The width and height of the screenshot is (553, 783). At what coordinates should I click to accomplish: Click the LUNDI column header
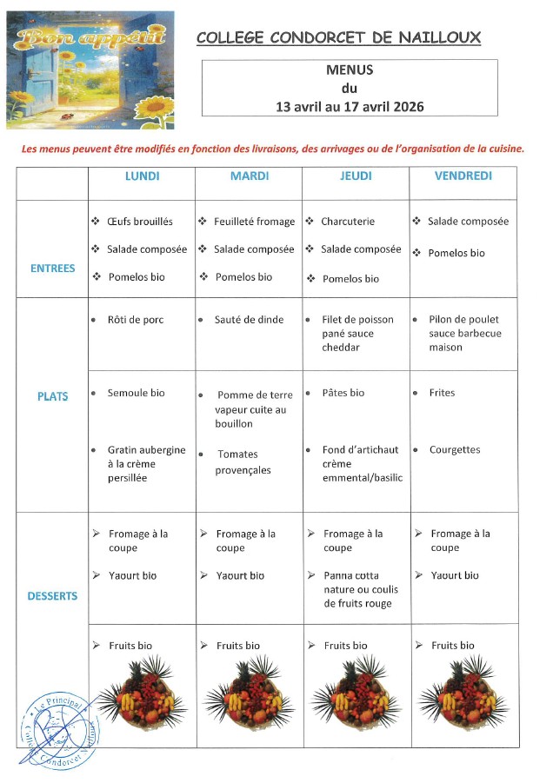click(142, 176)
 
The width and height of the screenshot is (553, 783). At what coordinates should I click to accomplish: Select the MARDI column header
click(249, 176)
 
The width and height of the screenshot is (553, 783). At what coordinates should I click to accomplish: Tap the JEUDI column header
click(356, 176)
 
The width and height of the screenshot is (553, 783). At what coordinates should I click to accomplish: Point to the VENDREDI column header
click(463, 176)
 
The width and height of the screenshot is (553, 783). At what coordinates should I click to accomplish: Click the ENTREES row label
click(53, 269)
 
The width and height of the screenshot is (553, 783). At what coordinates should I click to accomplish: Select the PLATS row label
click(53, 396)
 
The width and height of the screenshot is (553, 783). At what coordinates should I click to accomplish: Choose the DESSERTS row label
click(53, 596)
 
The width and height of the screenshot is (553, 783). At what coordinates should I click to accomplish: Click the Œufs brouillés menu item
click(140, 222)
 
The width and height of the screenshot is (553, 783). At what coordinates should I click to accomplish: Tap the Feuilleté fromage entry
click(254, 222)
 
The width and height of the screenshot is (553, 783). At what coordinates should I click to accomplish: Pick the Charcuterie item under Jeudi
click(348, 222)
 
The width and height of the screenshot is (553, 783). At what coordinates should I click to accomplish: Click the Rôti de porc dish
click(135, 320)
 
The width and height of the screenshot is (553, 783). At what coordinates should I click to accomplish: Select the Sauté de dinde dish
click(249, 320)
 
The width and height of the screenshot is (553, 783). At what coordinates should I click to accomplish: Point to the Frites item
click(442, 393)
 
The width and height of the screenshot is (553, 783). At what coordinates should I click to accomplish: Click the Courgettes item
click(454, 450)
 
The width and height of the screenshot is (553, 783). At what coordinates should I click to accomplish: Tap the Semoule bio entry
click(136, 393)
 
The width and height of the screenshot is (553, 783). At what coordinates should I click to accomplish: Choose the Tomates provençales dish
click(243, 462)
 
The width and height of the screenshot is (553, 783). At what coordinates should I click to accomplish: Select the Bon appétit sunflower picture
click(90, 70)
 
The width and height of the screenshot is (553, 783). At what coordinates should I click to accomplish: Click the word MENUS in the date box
click(349, 70)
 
